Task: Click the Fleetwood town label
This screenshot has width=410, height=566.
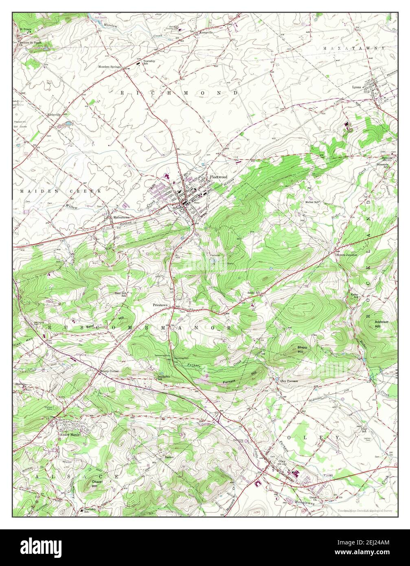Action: [218, 177]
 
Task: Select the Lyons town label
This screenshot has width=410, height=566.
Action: [357, 87]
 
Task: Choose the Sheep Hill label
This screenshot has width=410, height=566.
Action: [303, 349]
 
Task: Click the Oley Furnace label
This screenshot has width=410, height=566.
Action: [289, 381]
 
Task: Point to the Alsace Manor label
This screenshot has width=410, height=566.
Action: [68, 434]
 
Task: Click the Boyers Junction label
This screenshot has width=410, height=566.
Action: [346, 255]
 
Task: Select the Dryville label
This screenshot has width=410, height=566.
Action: [386, 158]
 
